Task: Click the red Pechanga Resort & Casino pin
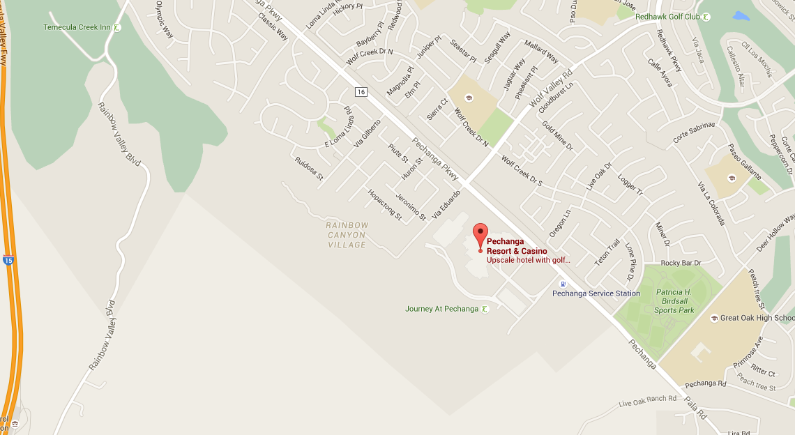click(x=480, y=235)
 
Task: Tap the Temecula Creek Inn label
click(x=77, y=27)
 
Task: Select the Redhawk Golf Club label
click(x=667, y=17)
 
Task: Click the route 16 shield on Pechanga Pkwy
click(x=361, y=92)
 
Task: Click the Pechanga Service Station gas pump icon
click(x=563, y=283)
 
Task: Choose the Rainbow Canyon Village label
click(x=347, y=235)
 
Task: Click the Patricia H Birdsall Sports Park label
click(x=674, y=301)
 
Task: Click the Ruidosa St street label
click(x=309, y=168)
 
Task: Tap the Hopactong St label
click(x=385, y=205)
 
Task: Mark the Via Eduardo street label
click(x=446, y=204)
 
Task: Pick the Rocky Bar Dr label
click(x=681, y=263)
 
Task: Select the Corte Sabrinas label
click(x=694, y=133)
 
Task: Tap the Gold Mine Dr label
click(x=557, y=136)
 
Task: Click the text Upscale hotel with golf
click(x=529, y=260)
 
